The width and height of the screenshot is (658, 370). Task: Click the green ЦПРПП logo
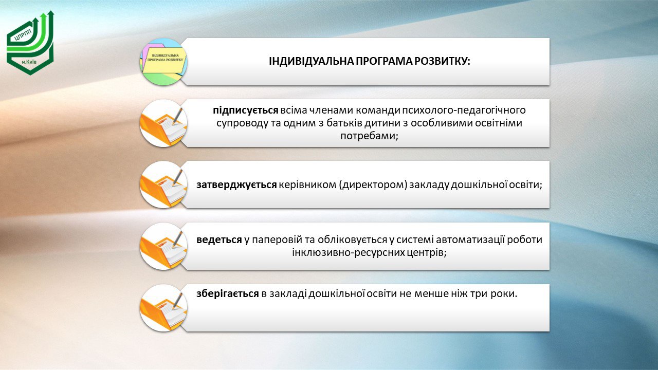tap(30, 43)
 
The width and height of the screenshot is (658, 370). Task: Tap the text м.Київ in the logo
tap(29, 63)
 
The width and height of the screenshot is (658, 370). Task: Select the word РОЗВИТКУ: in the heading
tap(442, 61)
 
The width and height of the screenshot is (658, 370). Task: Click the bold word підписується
tap(246, 110)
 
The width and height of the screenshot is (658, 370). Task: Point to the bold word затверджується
tap(236, 184)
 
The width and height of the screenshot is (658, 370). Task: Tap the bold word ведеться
tap(219, 240)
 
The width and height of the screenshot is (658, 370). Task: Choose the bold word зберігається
tap(227, 293)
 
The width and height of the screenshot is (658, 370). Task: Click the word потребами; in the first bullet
tap(369, 136)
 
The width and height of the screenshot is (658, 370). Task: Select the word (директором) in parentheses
tap(373, 185)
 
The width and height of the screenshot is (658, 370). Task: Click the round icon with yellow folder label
tap(163, 62)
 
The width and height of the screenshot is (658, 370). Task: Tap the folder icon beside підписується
tap(163, 123)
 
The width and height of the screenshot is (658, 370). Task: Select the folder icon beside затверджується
tap(163, 184)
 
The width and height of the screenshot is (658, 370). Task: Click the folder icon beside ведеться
tap(163, 246)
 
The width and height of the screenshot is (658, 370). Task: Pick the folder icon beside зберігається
tap(163, 308)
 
